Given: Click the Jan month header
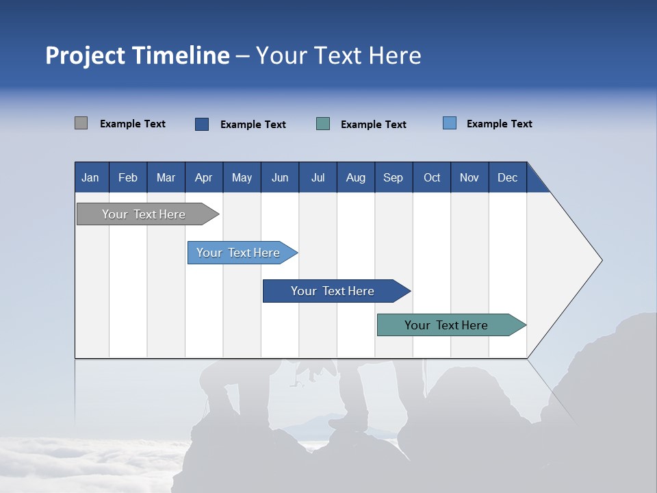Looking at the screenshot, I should pos(90,178).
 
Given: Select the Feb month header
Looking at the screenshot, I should pos(128,178).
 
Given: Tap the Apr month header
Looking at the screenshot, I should pos(203,178).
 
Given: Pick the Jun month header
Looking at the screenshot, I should pos(280,178).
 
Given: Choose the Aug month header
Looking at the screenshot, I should pos(355,178).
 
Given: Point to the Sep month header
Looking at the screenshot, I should pos(393,178).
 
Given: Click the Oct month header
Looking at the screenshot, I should pos(432,178).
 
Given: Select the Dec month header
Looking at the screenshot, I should pos(507,178).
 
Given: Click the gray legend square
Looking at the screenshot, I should pos(81,123).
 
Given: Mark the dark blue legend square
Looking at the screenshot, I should pos(202,124).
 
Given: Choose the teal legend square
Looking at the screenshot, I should pos(323,124).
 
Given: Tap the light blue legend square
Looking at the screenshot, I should pos(450,123).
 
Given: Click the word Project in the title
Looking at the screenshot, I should pos(85,55).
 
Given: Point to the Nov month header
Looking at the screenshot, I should pos(469,178).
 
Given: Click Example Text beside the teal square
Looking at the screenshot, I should pos(373,125).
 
